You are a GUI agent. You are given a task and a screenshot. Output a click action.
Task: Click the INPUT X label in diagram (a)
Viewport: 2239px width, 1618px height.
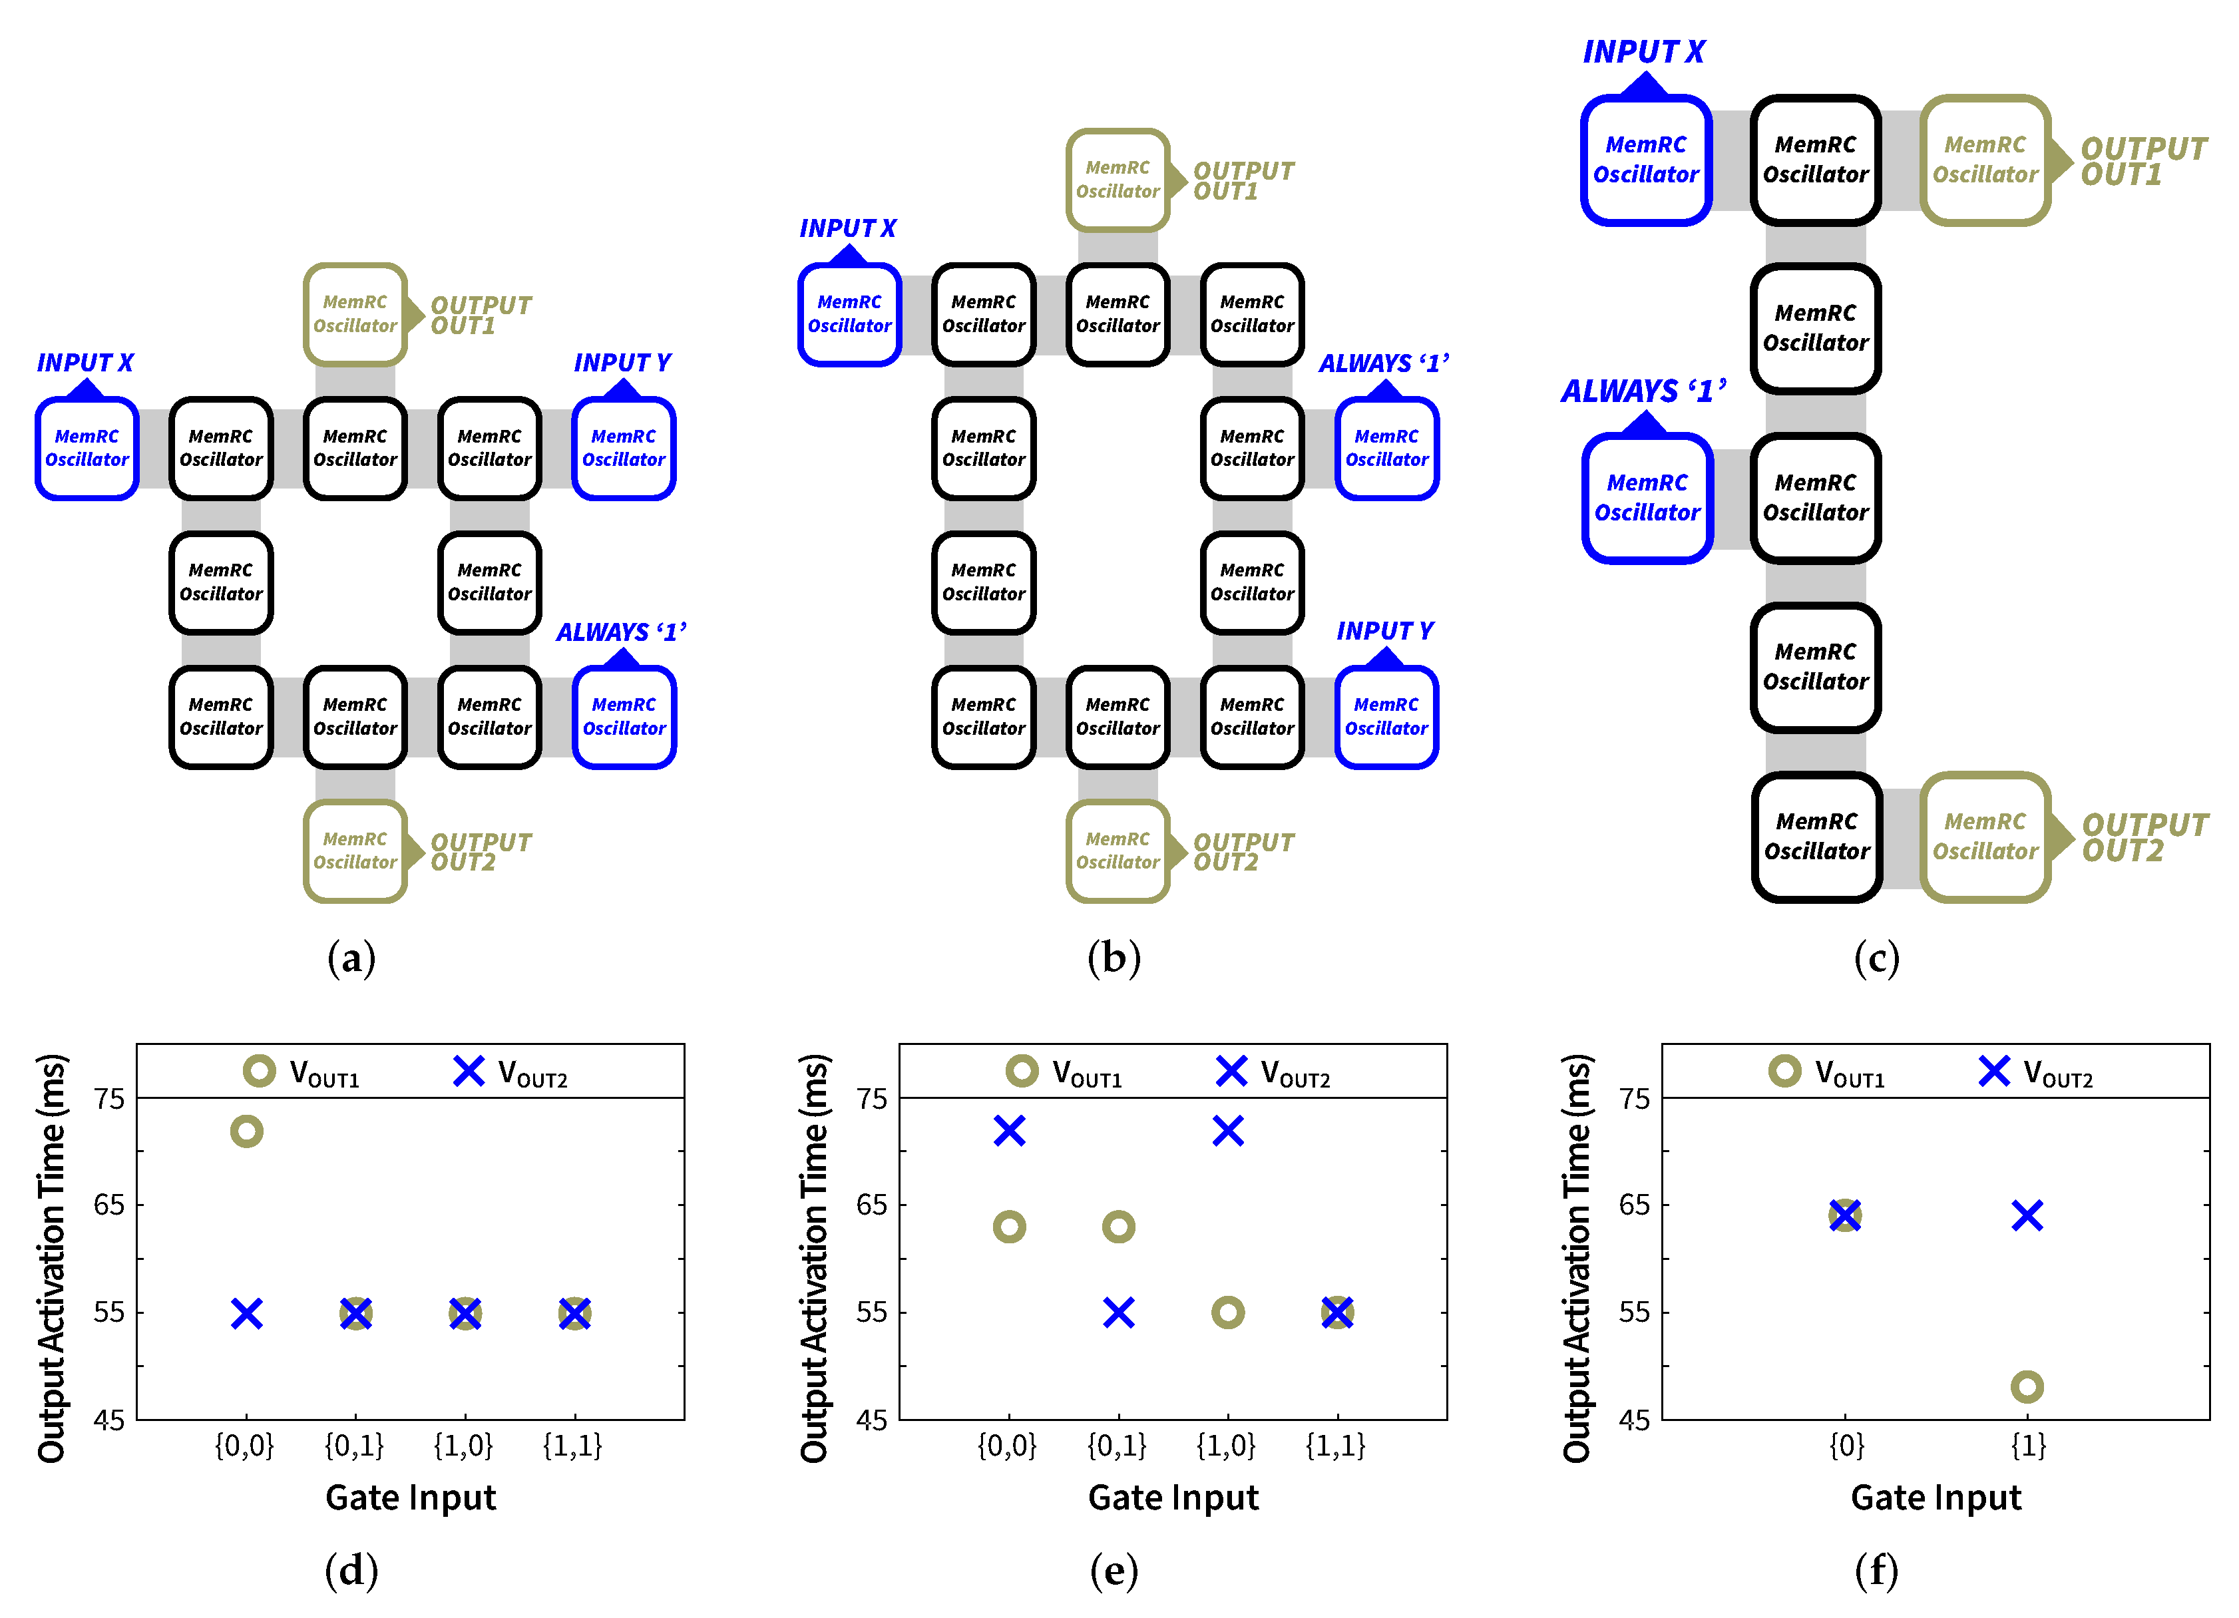pyautogui.click(x=85, y=362)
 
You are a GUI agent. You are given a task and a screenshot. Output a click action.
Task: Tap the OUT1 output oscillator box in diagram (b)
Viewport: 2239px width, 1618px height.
pyautogui.click(x=1118, y=180)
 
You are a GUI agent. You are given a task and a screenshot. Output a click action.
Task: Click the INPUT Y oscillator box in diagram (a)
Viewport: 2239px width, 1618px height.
pyautogui.click(x=623, y=448)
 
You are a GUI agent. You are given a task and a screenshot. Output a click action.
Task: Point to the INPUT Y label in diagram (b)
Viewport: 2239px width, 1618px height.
pyautogui.click(x=1384, y=631)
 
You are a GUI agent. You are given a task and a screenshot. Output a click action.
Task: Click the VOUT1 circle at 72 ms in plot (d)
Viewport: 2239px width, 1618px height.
pyautogui.click(x=247, y=1131)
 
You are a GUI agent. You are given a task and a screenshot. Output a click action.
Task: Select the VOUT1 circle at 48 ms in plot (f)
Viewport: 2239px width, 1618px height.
pyautogui.click(x=2027, y=1387)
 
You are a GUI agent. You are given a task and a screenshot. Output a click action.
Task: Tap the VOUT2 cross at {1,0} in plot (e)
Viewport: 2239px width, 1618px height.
pyautogui.click(x=1227, y=1130)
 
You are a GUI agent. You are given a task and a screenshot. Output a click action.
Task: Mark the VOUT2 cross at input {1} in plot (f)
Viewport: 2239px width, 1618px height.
pyautogui.click(x=2027, y=1215)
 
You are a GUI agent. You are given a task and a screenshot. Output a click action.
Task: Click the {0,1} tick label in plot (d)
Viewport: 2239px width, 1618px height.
pyautogui.click(x=354, y=1446)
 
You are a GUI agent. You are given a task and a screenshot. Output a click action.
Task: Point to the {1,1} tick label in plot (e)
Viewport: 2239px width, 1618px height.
pyautogui.click(x=1336, y=1446)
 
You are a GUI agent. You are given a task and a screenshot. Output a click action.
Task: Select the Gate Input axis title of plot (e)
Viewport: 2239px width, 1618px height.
pyautogui.click(x=1173, y=1498)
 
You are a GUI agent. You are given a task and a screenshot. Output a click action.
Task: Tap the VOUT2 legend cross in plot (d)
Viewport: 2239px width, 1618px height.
pyautogui.click(x=469, y=1071)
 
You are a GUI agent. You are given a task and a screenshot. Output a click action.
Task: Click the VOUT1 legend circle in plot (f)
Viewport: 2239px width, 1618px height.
pyautogui.click(x=1785, y=1071)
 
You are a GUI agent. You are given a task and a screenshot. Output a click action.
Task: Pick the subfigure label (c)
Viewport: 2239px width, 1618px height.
pyautogui.click(x=1876, y=958)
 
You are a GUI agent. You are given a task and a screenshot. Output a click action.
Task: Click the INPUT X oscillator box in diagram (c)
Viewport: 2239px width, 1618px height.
pyautogui.click(x=1646, y=160)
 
